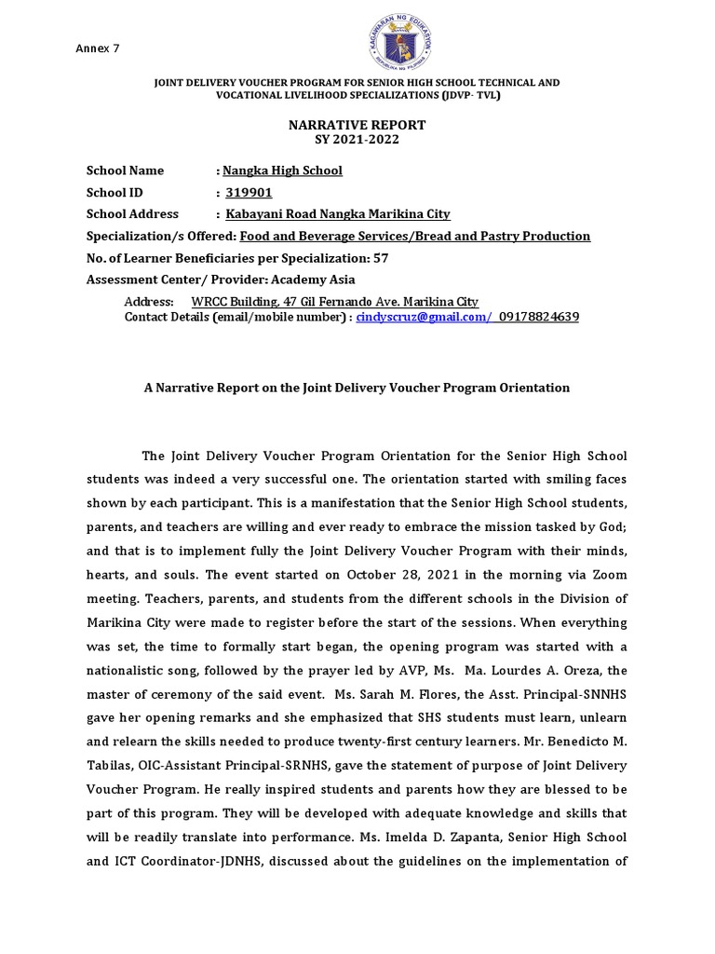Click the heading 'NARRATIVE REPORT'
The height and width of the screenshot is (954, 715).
coord(357,125)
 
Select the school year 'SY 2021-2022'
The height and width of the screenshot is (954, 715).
coord(357,139)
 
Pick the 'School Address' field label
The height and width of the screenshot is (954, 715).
coord(132,214)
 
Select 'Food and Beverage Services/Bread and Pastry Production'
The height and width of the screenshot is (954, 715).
coord(414,237)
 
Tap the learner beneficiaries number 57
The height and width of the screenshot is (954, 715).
coord(382,258)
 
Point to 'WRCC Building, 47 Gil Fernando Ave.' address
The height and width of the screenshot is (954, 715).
coord(293,302)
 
